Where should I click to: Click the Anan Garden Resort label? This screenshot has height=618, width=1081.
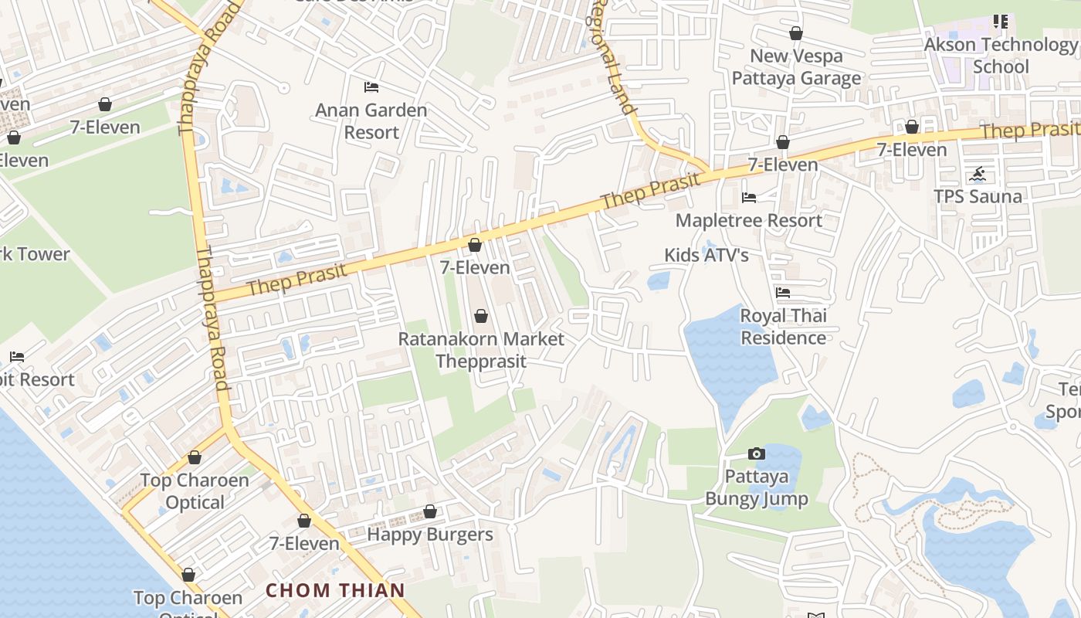(x=371, y=121)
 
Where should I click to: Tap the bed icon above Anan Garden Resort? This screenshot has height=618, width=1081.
(x=371, y=87)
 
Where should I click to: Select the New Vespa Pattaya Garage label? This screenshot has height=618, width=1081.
(x=796, y=67)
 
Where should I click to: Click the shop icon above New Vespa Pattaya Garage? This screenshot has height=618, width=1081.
(x=796, y=33)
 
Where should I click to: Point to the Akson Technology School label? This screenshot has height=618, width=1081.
(x=1000, y=56)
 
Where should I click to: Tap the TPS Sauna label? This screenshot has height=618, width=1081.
(x=978, y=196)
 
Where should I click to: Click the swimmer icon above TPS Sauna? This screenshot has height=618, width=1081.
(x=978, y=174)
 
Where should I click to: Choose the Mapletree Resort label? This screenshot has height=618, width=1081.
(x=748, y=221)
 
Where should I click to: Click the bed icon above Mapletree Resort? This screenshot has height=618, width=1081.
(x=749, y=198)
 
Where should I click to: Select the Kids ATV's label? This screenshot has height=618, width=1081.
(x=707, y=255)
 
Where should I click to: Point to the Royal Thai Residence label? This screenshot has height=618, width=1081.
(x=783, y=327)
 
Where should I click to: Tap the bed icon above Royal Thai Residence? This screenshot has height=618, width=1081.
(x=783, y=293)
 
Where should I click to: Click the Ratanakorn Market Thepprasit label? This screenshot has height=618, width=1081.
(x=480, y=350)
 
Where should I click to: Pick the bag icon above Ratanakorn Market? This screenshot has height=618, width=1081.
(x=481, y=316)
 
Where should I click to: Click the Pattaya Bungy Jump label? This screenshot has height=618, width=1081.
(x=756, y=487)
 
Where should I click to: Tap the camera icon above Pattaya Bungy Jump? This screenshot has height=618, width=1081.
(x=757, y=453)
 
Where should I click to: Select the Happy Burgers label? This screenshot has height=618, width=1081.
(x=429, y=535)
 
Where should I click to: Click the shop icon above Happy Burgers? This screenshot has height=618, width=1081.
(x=430, y=511)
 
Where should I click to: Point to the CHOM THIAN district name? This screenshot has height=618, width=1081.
(x=335, y=591)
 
